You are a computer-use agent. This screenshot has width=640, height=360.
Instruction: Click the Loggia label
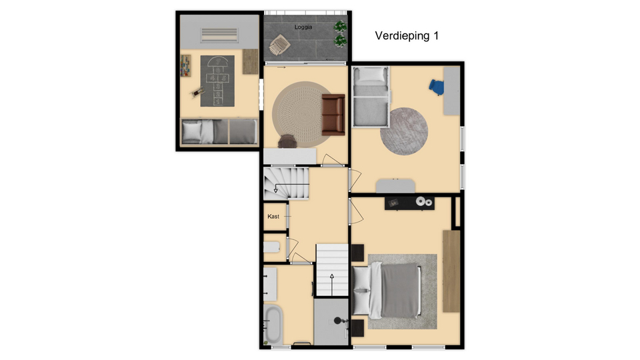click(x=303, y=27)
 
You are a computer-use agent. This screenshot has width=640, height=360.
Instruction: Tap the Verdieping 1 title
click(x=407, y=36)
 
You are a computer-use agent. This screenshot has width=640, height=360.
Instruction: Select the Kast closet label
click(x=273, y=216)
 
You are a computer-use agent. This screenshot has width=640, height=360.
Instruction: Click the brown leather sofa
click(x=333, y=115)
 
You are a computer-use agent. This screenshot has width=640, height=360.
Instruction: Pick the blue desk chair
click(x=436, y=87)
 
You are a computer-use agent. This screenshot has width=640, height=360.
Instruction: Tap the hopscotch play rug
click(x=217, y=81)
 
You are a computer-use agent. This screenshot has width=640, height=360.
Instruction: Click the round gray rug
click(x=404, y=131)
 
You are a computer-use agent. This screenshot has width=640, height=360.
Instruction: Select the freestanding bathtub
click(x=273, y=325)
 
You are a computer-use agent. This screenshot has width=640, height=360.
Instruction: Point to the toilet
click(x=271, y=247)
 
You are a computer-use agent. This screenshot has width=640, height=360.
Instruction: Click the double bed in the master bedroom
click(x=386, y=290)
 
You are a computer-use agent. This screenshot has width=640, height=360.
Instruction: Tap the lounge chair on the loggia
click(x=279, y=45)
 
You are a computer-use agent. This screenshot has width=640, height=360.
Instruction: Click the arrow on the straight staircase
click(x=332, y=285)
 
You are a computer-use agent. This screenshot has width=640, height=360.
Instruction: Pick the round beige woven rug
click(x=303, y=114)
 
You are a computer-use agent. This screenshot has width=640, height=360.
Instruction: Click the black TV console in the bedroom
click(x=409, y=203)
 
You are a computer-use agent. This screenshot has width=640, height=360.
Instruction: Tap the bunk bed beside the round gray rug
click(x=371, y=97)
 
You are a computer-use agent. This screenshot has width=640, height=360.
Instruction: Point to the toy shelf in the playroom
click(x=186, y=66)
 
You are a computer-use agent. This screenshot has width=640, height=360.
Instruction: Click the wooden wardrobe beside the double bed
click(x=451, y=271)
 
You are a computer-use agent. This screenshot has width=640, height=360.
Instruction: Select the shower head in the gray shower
click(x=338, y=321)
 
